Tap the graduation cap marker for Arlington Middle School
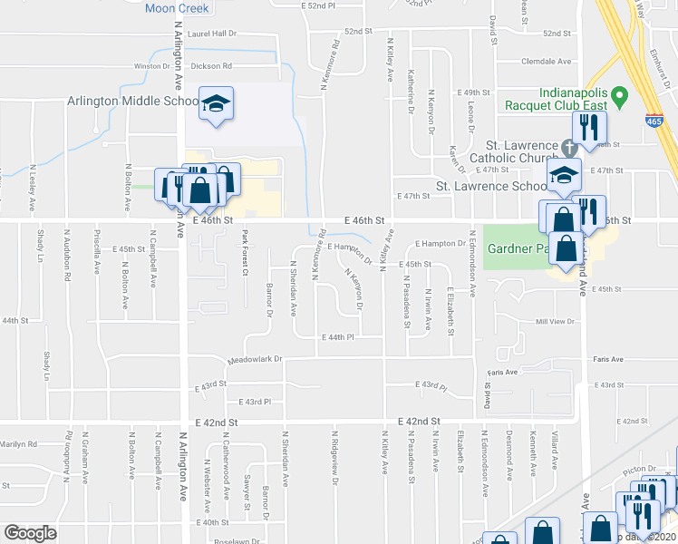(x=216, y=105)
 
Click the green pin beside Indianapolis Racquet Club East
(x=619, y=94)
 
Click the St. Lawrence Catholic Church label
(x=534, y=151)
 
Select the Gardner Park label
(x=517, y=248)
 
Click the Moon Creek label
(x=177, y=8)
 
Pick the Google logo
(x=30, y=532)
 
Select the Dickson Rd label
(x=212, y=66)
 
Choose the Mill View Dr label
(x=556, y=322)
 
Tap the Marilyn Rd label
(x=19, y=444)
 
